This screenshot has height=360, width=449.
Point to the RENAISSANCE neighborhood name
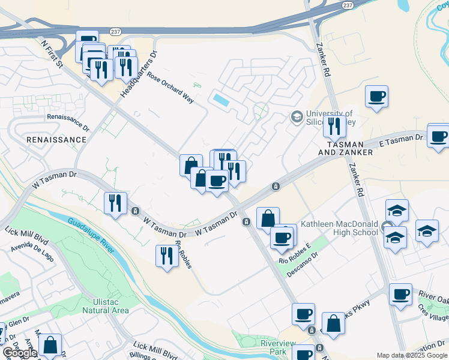56,139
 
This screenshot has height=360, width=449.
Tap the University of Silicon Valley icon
296,116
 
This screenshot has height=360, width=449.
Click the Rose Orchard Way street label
170,88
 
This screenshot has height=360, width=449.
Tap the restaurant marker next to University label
334,126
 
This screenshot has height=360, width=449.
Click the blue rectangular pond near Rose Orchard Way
220,100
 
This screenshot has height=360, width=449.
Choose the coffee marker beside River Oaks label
400,295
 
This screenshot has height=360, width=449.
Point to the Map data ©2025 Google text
412,355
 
